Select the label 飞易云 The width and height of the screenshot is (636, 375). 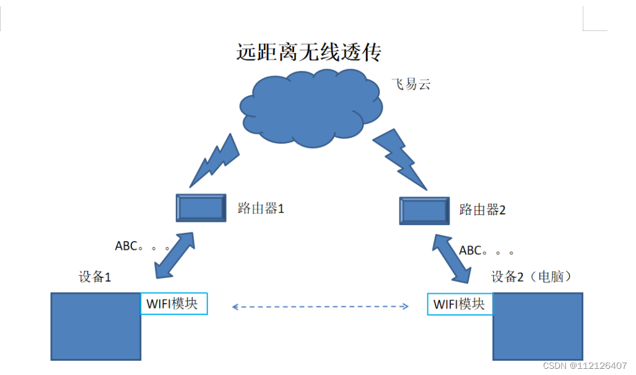pyautogui.click(x=411, y=84)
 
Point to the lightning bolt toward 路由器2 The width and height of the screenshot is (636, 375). pyautogui.click(x=401, y=158)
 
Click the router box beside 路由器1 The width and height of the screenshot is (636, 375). pyautogui.click(x=200, y=208)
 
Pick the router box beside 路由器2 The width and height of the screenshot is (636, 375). pyautogui.click(x=424, y=211)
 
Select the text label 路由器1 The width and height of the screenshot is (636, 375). pyautogui.click(x=260, y=208)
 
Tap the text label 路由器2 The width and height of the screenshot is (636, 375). pyautogui.click(x=482, y=210)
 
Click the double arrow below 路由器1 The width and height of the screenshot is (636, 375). pyautogui.click(x=175, y=255)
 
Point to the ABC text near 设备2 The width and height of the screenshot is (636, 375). pyautogui.click(x=487, y=251)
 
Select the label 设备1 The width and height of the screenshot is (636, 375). pyautogui.click(x=94, y=277)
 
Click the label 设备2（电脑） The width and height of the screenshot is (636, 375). pyautogui.click(x=531, y=276)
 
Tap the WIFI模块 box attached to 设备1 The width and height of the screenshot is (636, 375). pyautogui.click(x=174, y=304)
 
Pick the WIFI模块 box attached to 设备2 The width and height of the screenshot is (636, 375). pyautogui.click(x=460, y=304)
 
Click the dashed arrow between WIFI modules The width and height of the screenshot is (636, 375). pyautogui.click(x=320, y=306)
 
